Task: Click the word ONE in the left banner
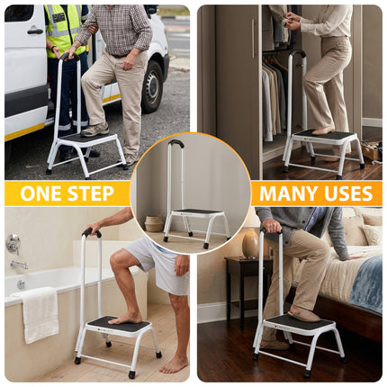tap(41, 193)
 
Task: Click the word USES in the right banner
tap(346, 193)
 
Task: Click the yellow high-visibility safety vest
tap(65, 27)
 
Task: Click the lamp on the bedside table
tap(250, 244)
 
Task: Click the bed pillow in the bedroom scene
tap(366, 236)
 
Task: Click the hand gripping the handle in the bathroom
tap(94, 231)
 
